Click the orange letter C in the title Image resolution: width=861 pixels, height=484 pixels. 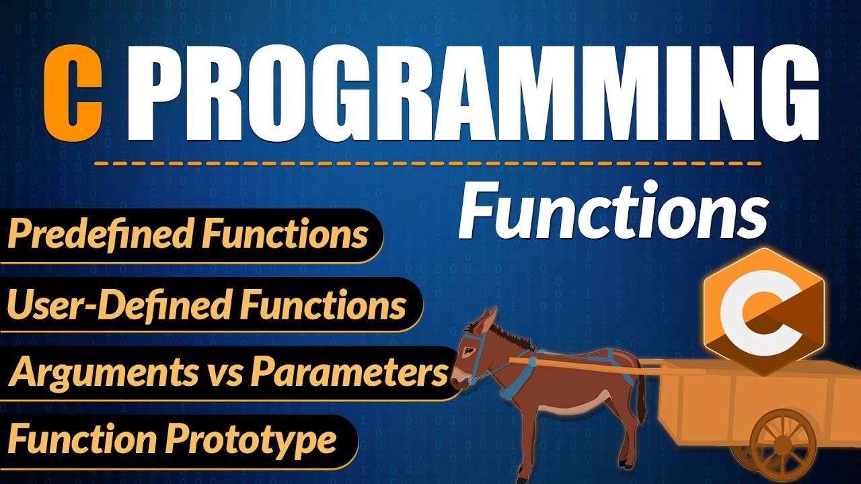point(72,94)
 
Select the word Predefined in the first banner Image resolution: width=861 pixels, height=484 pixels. point(101,235)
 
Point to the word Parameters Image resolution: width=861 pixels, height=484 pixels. point(349,373)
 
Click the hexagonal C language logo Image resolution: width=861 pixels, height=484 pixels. point(763,310)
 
